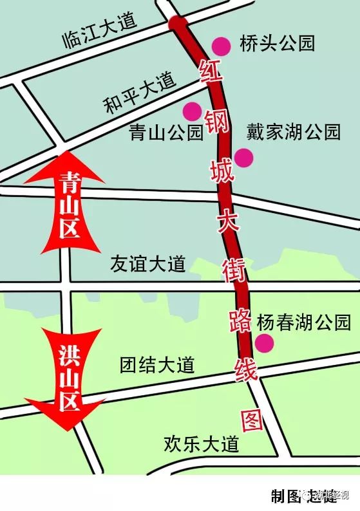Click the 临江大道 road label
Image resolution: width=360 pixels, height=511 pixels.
(x=100, y=31)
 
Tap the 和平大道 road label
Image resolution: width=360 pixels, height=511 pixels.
(x=140, y=92)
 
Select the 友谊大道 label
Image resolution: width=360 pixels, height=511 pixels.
(x=147, y=265)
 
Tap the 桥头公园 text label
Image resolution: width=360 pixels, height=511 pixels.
(x=277, y=44)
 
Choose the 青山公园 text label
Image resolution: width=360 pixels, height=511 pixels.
(x=166, y=132)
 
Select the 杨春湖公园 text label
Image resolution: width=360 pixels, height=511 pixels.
(x=303, y=322)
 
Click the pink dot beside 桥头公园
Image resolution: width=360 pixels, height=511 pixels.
(x=221, y=46)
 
